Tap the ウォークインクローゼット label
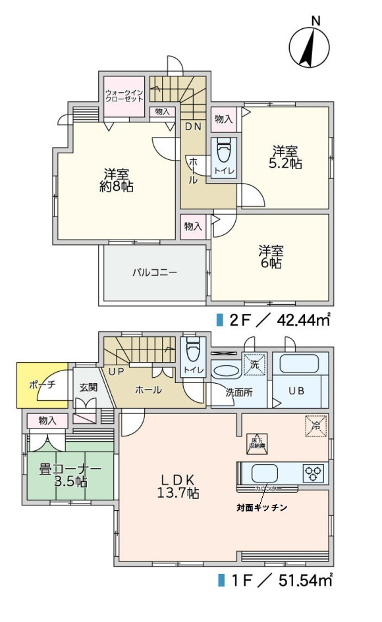[x=124, y=95]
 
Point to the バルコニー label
[x=154, y=272]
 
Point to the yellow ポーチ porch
[x=42, y=385]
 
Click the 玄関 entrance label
[x=88, y=388]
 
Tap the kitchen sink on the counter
[x=264, y=473]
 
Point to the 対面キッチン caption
[x=261, y=508]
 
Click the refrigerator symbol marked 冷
[x=315, y=426]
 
